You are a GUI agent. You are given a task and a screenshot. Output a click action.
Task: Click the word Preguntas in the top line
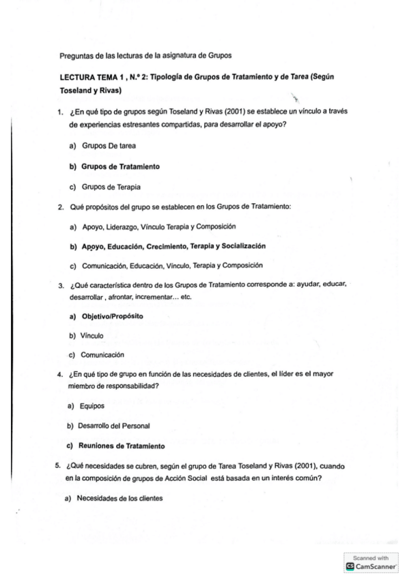coord(75,55)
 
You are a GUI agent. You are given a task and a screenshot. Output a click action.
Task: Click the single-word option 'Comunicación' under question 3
coord(102,355)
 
